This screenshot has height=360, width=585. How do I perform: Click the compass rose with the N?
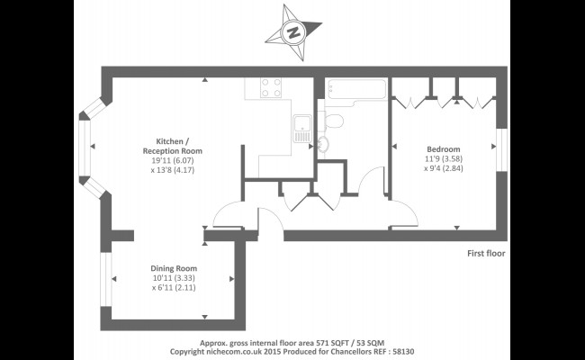pos(292,32)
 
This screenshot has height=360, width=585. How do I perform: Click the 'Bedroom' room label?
pos(443,148)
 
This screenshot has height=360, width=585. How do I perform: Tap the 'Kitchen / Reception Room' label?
pos(173,146)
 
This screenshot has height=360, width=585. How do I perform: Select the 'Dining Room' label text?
pos(173,268)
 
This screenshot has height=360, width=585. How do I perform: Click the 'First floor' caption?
pos(486,253)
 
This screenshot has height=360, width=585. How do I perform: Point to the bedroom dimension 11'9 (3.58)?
pos(442,158)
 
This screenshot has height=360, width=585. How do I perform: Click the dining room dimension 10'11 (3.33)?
pos(173,278)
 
